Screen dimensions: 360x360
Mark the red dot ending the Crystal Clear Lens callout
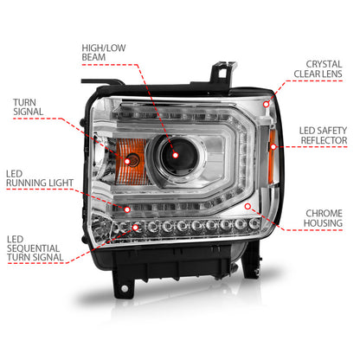click(267, 103)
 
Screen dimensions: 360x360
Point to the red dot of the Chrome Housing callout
click(247, 207)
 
